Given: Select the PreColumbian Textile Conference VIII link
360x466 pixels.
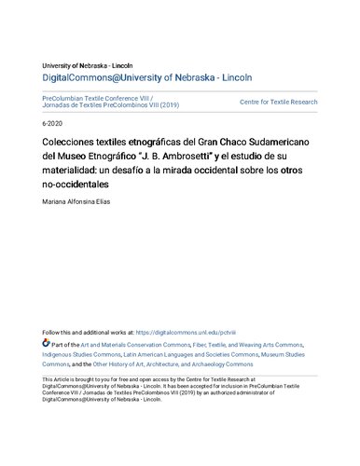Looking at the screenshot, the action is point(102,96).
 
